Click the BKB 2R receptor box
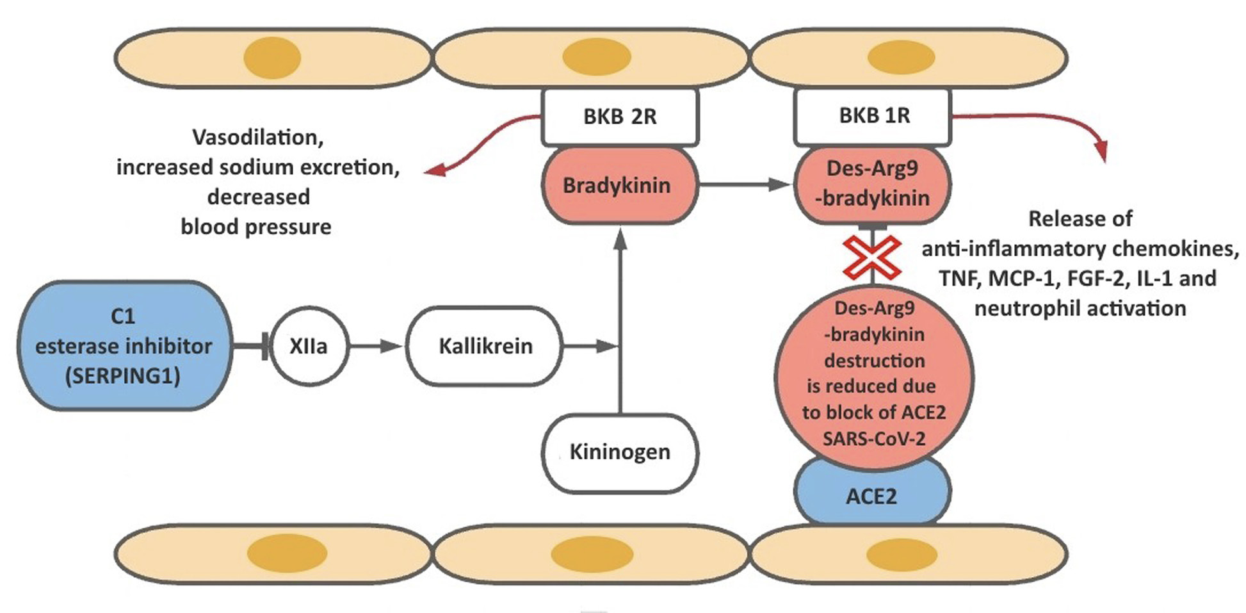pyautogui.click(x=619, y=117)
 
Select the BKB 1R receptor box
pyautogui.click(x=873, y=116)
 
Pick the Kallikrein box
pyautogui.click(x=485, y=346)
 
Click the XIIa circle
pyautogui.click(x=309, y=346)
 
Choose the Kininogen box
pyautogui.click(x=620, y=452)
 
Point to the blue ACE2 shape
pyautogui.click(x=872, y=496)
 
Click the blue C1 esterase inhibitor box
pyautogui.click(x=124, y=346)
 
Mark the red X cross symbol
pyautogui.click(x=872, y=257)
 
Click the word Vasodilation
pyautogui.click(x=257, y=137)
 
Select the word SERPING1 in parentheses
pyautogui.click(x=122, y=376)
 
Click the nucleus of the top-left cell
pyautogui.click(x=273, y=58)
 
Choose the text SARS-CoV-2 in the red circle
pyautogui.click(x=874, y=439)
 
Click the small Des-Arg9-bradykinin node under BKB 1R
pyautogui.click(x=873, y=184)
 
